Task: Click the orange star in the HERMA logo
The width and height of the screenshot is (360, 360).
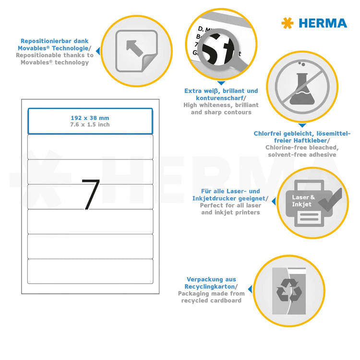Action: pos(287,23)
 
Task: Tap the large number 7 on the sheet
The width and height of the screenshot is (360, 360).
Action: pos(90,194)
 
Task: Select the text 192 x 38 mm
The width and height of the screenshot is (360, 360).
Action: pos(90,118)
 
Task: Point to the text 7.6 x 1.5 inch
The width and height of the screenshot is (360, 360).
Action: pos(90,124)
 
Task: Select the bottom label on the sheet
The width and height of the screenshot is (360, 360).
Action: pos(90,271)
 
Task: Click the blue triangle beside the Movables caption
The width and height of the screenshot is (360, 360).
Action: pos(98,50)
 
